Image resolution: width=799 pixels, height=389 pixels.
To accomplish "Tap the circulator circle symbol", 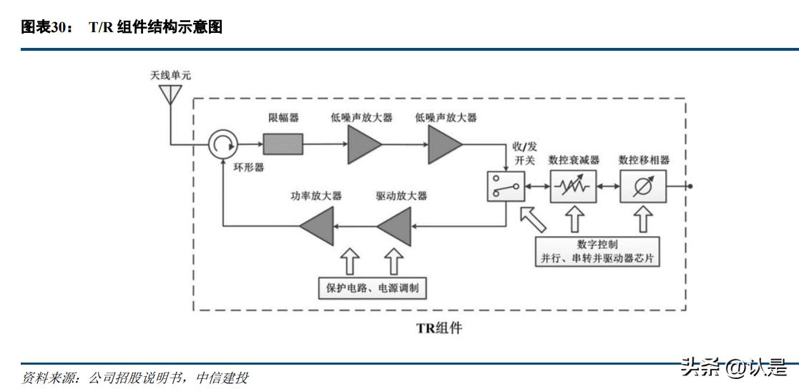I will [x=222, y=145].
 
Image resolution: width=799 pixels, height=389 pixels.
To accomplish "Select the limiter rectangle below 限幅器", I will [x=283, y=144].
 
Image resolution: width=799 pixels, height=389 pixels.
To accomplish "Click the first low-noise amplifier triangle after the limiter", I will [x=363, y=145].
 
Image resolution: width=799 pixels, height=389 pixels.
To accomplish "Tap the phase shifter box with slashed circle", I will [x=643, y=187].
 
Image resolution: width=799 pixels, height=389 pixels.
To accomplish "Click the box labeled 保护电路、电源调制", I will [x=373, y=287].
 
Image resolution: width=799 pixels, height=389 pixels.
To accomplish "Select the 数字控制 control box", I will [x=597, y=250].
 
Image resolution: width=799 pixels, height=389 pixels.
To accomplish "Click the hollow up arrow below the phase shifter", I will [x=643, y=218].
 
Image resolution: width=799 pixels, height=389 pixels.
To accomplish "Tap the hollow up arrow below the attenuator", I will [x=574, y=218].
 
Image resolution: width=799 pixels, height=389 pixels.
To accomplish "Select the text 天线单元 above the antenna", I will [x=171, y=74].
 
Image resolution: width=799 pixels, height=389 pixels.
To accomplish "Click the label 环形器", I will [x=249, y=167].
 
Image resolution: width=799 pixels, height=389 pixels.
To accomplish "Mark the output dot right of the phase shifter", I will [x=690, y=187].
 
